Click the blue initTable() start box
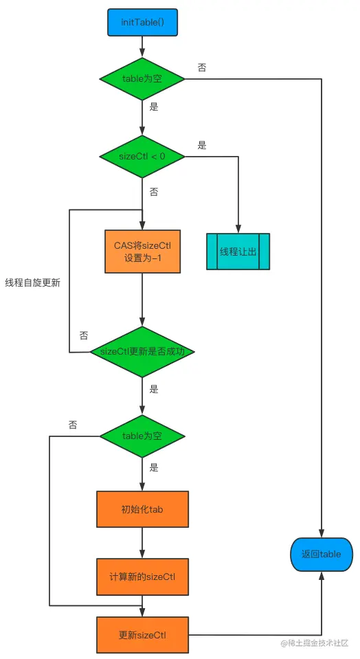142,22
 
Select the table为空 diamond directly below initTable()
142,78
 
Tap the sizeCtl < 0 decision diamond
142,156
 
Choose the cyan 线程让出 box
238,252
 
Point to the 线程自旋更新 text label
32,283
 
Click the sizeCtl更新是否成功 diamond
142,352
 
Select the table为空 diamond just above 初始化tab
142,436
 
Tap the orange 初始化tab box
142,509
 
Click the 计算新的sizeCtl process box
142,576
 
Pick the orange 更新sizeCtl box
142,634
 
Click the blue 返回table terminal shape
321,554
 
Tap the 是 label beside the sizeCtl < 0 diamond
202,146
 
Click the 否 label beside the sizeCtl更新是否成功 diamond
84,336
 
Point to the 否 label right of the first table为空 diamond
202,68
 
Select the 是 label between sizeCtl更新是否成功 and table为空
154,389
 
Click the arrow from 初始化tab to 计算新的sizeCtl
142,543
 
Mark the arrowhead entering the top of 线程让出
238,230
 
